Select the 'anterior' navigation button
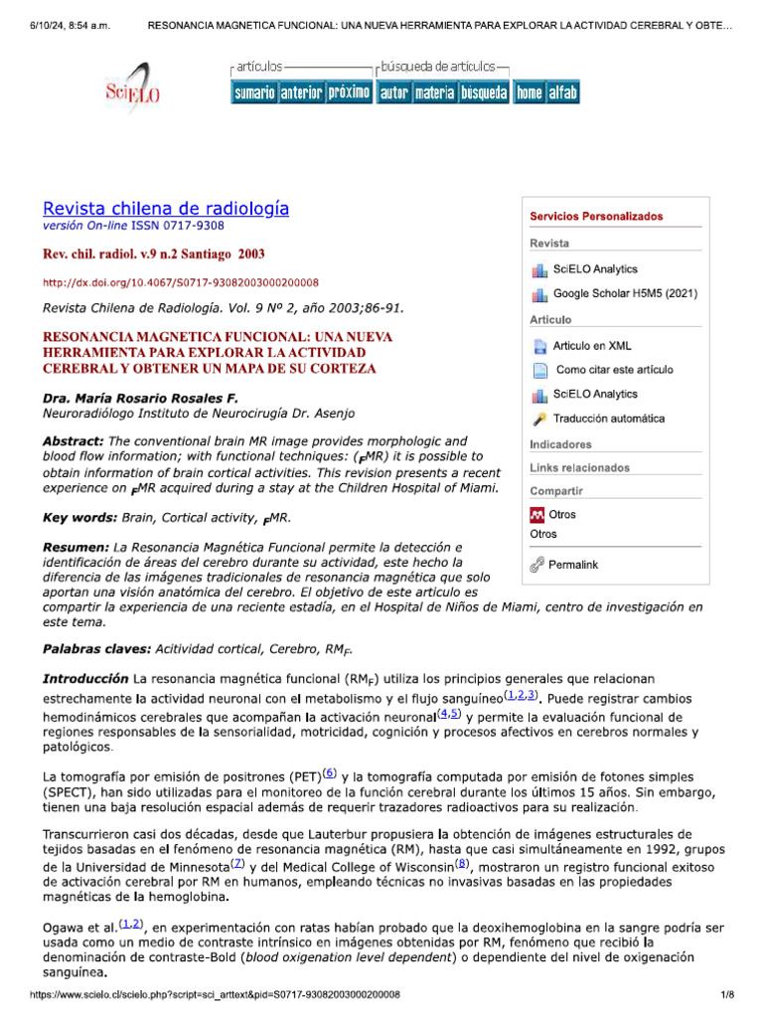point(301,92)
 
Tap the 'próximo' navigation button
point(349,92)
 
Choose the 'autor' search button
point(393,92)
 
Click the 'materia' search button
point(434,92)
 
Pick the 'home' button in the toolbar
point(529,92)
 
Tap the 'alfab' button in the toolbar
point(562,92)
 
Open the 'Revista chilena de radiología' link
point(166,208)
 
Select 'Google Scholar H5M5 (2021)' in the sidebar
point(625,294)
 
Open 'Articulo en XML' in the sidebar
point(592,346)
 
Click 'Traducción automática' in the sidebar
point(609,420)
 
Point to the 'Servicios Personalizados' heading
point(596,217)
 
